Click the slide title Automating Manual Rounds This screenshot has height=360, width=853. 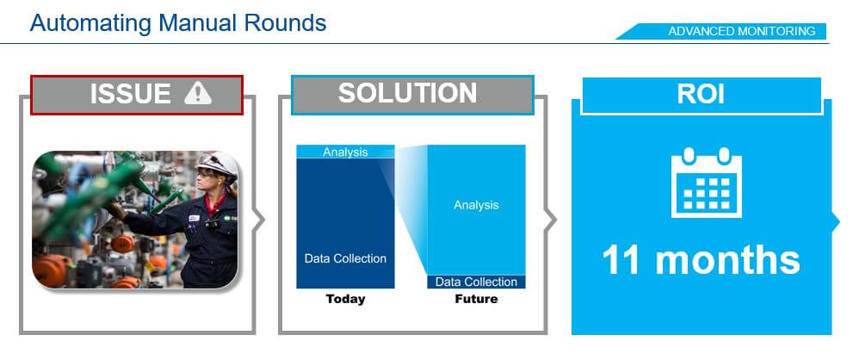(x=178, y=23)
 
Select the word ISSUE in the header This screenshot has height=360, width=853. (x=130, y=94)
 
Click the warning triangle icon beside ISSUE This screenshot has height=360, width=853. (x=197, y=93)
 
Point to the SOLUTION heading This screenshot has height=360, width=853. (x=407, y=93)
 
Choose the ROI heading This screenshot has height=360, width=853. (x=701, y=94)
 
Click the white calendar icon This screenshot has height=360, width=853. (x=707, y=183)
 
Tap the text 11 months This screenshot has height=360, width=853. (x=702, y=260)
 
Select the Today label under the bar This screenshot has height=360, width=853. (x=345, y=299)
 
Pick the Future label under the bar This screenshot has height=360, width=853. (x=476, y=299)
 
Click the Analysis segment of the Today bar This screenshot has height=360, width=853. (x=345, y=152)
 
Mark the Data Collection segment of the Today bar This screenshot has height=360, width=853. (x=345, y=223)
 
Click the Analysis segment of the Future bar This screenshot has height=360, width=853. (x=476, y=209)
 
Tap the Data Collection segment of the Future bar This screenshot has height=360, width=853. (x=476, y=282)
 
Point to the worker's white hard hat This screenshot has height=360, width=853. (x=217, y=164)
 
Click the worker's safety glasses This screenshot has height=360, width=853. (x=207, y=174)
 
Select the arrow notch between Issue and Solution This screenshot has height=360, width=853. (x=259, y=220)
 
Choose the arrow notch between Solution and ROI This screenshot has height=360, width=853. (x=551, y=220)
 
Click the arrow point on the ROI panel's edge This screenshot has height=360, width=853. (x=836, y=220)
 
